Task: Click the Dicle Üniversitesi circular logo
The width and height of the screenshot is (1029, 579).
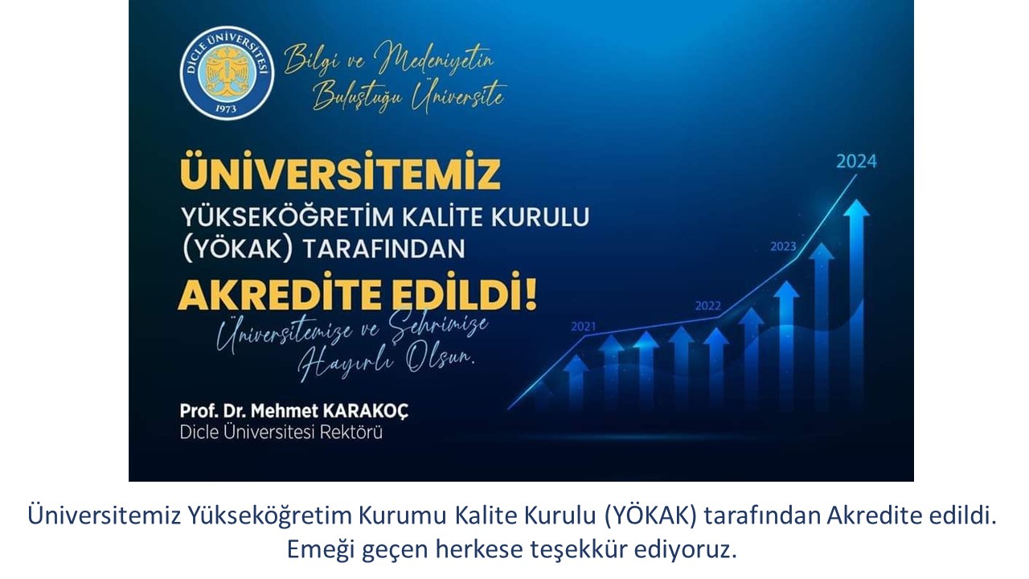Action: click(227, 72)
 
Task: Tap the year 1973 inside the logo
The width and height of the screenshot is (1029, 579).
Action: click(226, 109)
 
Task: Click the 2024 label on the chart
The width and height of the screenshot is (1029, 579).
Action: click(856, 162)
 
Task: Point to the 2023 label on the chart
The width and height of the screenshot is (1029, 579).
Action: click(783, 246)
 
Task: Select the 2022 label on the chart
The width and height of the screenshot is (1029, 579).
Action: click(708, 306)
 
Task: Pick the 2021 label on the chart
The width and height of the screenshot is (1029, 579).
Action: click(584, 326)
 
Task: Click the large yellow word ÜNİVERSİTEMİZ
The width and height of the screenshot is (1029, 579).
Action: click(340, 170)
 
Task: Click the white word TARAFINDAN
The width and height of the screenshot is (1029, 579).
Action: click(384, 248)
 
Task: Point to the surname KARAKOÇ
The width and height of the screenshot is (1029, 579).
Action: click(366, 411)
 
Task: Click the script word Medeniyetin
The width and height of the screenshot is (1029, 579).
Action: click(434, 60)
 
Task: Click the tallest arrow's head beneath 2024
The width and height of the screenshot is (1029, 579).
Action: click(856, 208)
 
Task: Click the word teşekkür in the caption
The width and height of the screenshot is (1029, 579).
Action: click(579, 548)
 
